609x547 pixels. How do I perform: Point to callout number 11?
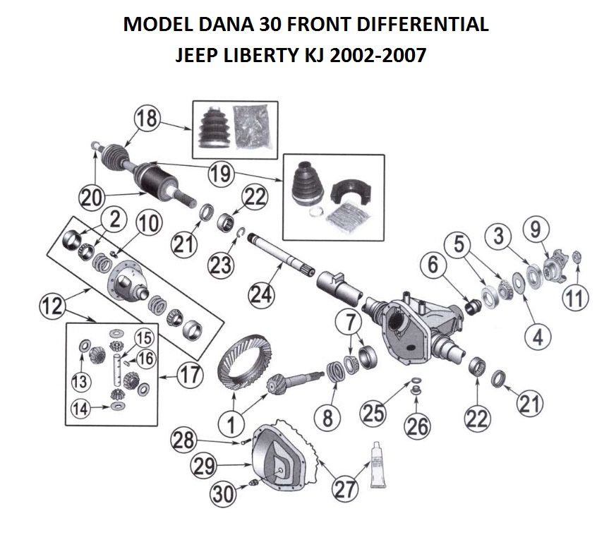[x=575, y=297]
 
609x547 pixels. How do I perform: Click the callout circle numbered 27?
[x=344, y=489]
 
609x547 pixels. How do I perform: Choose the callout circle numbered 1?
[x=231, y=423]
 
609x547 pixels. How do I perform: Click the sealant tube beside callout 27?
[x=379, y=464]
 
